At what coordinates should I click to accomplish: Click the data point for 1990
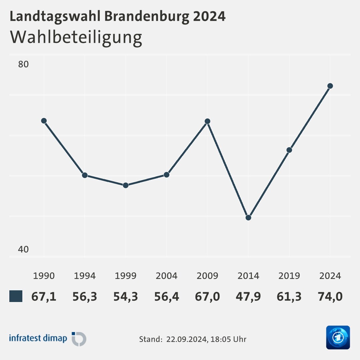(44, 121)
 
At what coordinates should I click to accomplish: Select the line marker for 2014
(248, 218)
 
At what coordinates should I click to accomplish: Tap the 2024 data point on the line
(330, 86)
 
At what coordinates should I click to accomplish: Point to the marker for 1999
(126, 185)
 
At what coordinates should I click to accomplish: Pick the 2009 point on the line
(207, 121)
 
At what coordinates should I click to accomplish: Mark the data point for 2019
(289, 150)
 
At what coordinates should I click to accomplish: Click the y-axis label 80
(23, 64)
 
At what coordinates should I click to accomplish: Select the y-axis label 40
(23, 249)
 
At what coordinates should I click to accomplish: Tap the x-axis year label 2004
(166, 276)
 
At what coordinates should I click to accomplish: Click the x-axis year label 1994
(85, 276)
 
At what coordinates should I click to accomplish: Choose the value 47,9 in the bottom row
(248, 296)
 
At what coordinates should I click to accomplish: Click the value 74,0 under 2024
(330, 296)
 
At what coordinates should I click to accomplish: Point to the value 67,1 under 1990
(44, 296)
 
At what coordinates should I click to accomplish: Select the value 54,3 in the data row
(126, 296)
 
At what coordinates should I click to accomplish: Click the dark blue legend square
(16, 296)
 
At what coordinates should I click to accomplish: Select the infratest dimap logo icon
(79, 339)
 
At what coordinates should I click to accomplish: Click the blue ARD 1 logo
(338, 337)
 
